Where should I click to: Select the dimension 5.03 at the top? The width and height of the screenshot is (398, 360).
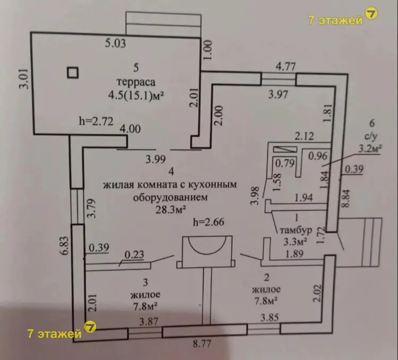click(116, 44)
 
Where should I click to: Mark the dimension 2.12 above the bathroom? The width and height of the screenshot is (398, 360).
click(305, 135)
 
